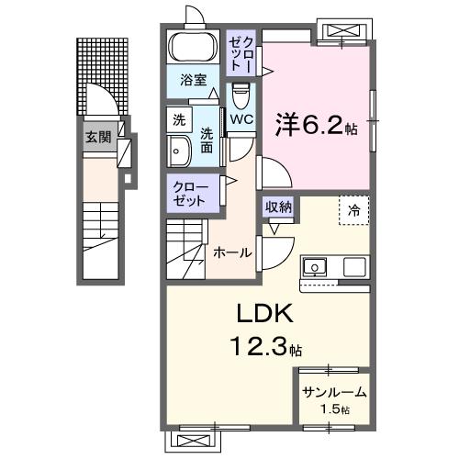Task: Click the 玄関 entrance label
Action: [97, 136]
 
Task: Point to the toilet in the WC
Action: [241, 95]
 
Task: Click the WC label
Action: [241, 119]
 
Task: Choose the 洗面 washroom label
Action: [207, 138]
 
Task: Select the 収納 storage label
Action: [279, 207]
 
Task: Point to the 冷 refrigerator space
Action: [353, 210]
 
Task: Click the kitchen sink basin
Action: [315, 268]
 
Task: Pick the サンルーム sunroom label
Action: [334, 392]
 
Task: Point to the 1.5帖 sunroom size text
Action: [334, 409]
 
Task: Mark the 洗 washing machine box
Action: [178, 118]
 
